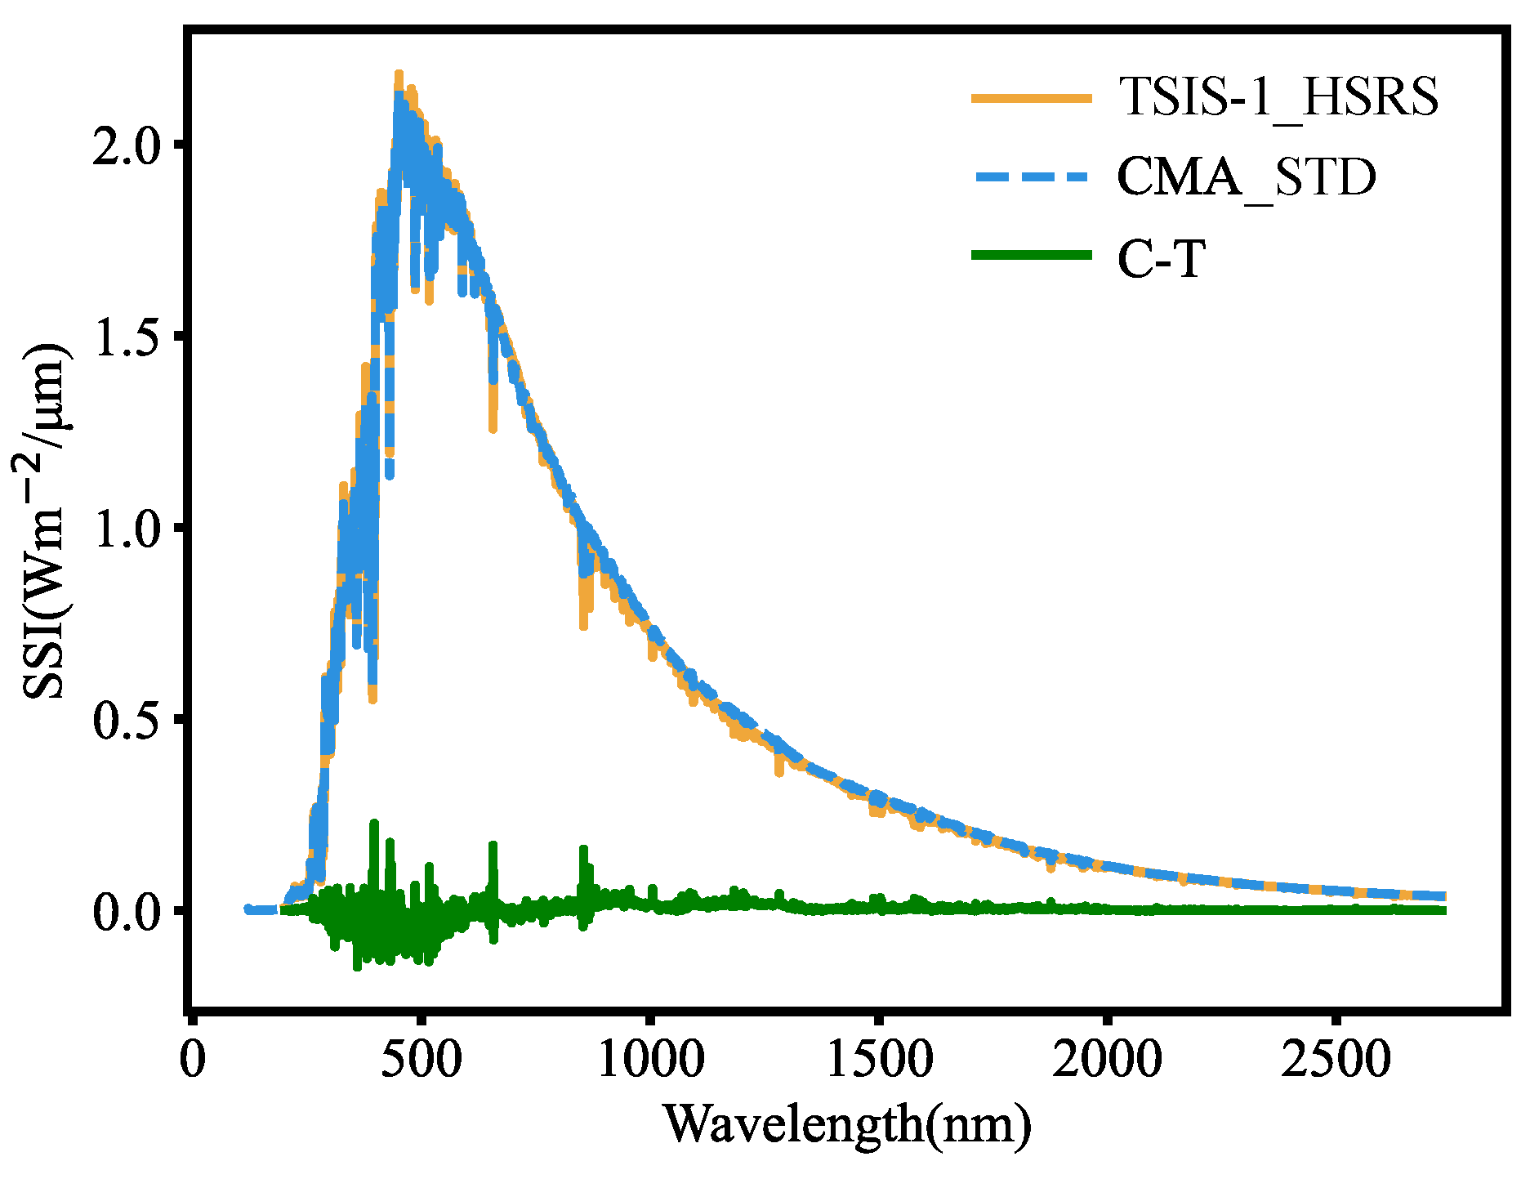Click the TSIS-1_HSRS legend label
(x=1278, y=97)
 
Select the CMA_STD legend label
(x=1246, y=177)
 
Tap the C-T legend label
(x=1161, y=259)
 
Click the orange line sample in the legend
(x=1031, y=98)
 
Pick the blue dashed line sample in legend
(x=1031, y=176)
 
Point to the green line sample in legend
(x=1031, y=256)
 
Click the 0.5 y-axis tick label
(x=126, y=721)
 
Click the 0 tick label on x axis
(x=193, y=1060)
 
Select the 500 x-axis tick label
(x=421, y=1060)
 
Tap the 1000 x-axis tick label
(x=650, y=1060)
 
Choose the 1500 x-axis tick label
(x=879, y=1060)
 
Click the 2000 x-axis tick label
(x=1107, y=1060)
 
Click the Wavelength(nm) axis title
(x=847, y=1124)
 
